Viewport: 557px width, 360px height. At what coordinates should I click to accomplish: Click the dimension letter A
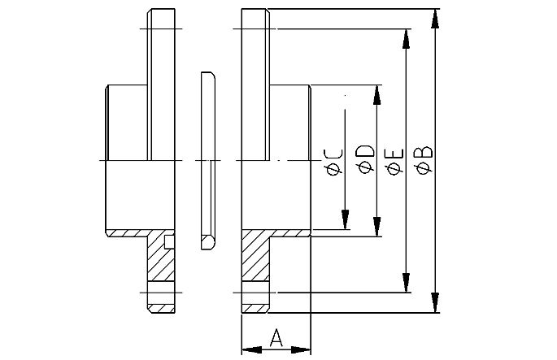pos(276,337)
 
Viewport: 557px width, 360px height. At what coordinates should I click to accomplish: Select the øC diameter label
pos(333,160)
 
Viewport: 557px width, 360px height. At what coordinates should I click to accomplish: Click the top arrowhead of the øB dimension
pos(437,17)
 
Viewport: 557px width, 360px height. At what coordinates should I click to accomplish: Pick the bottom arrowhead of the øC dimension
pos(346,221)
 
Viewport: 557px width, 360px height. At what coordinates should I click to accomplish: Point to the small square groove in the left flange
pos(168,241)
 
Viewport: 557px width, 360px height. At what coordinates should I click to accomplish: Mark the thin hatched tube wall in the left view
pos(126,233)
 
